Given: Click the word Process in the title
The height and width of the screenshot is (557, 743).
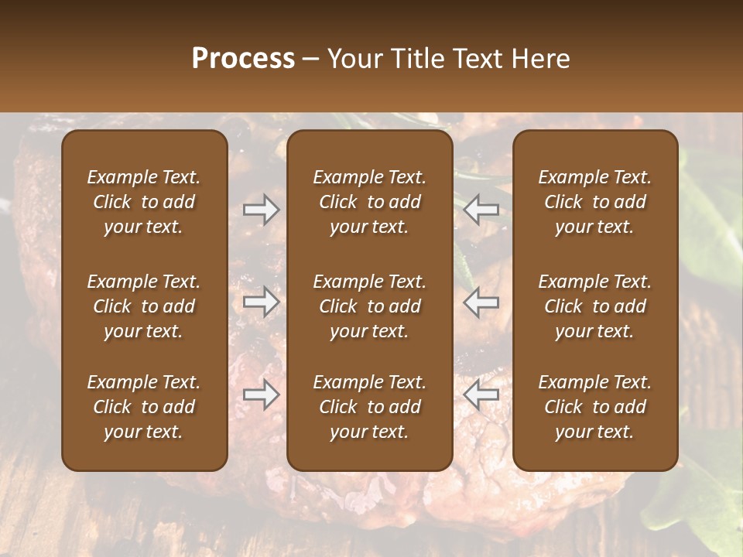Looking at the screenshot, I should click(243, 59).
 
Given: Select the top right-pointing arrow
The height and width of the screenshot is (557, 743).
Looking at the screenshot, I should click(262, 210).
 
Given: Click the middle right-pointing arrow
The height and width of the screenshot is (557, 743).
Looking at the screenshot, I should click(262, 302).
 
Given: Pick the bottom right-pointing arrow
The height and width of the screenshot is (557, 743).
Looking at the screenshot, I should click(262, 395).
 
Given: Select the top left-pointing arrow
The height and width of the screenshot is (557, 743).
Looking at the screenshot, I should click(481, 210).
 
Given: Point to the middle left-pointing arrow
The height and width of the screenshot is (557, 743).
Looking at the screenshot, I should click(481, 302).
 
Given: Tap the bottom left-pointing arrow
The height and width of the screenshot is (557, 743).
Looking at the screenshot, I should click(481, 395).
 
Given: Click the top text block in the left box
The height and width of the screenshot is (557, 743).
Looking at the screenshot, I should click(144, 202).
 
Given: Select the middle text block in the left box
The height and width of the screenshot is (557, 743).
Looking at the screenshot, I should click(144, 306).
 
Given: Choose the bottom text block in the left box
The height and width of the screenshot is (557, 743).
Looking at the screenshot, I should click(144, 407).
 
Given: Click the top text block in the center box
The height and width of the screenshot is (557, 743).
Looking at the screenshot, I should click(370, 202).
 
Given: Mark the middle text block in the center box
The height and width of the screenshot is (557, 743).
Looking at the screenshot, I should click(370, 306).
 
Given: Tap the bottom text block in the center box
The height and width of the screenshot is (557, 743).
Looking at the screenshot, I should click(370, 407).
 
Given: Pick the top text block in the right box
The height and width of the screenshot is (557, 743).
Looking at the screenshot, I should click(595, 202).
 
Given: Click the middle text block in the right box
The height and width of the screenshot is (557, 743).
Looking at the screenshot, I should click(595, 306).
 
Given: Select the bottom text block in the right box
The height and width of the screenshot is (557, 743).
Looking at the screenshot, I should click(595, 407).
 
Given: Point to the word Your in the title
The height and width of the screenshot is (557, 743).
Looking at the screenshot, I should click(354, 59).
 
